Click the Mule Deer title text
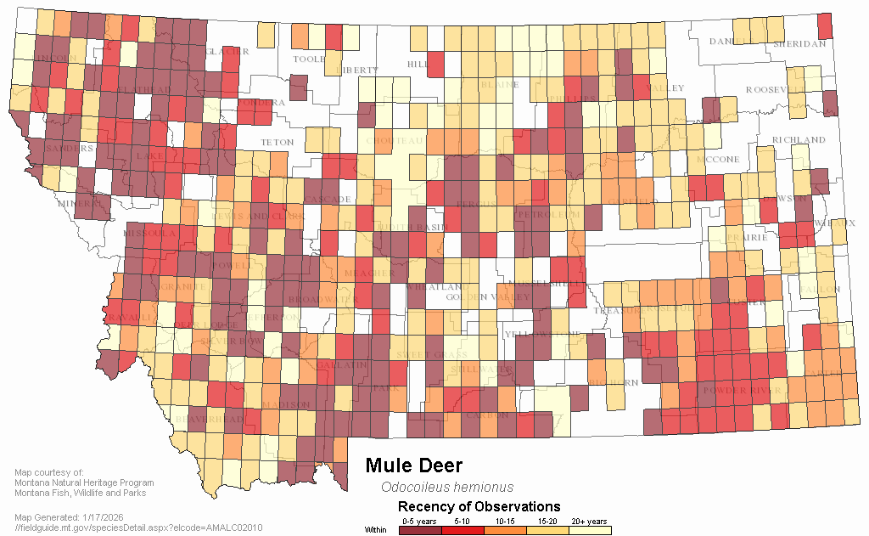(413, 465)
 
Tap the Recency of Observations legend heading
(479, 507)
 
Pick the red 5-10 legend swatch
(463, 530)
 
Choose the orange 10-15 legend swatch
(505, 530)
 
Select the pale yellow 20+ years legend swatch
(589, 530)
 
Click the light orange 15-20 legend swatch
(547, 530)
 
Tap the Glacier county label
(227, 51)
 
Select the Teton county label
(277, 142)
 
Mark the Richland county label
(798, 139)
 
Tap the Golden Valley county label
(468, 296)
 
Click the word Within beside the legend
(376, 530)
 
